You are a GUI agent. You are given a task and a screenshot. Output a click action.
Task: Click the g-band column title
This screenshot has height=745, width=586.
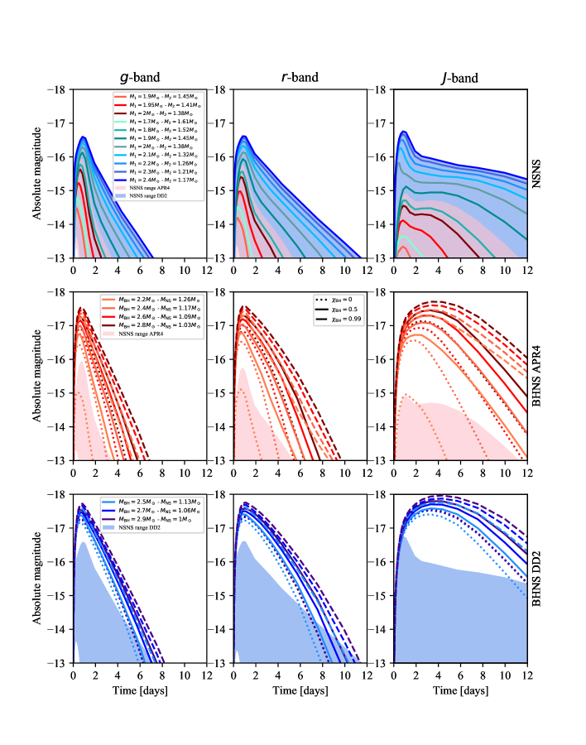coord(139,79)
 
